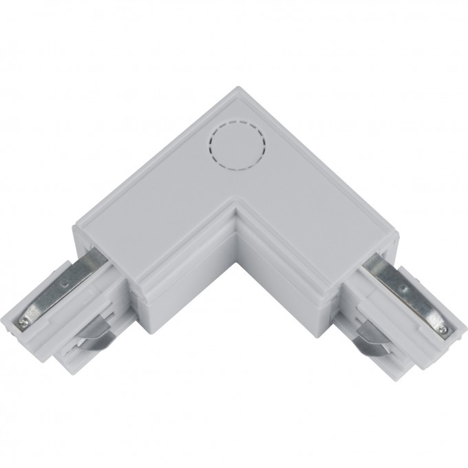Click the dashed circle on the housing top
point(236,147)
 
